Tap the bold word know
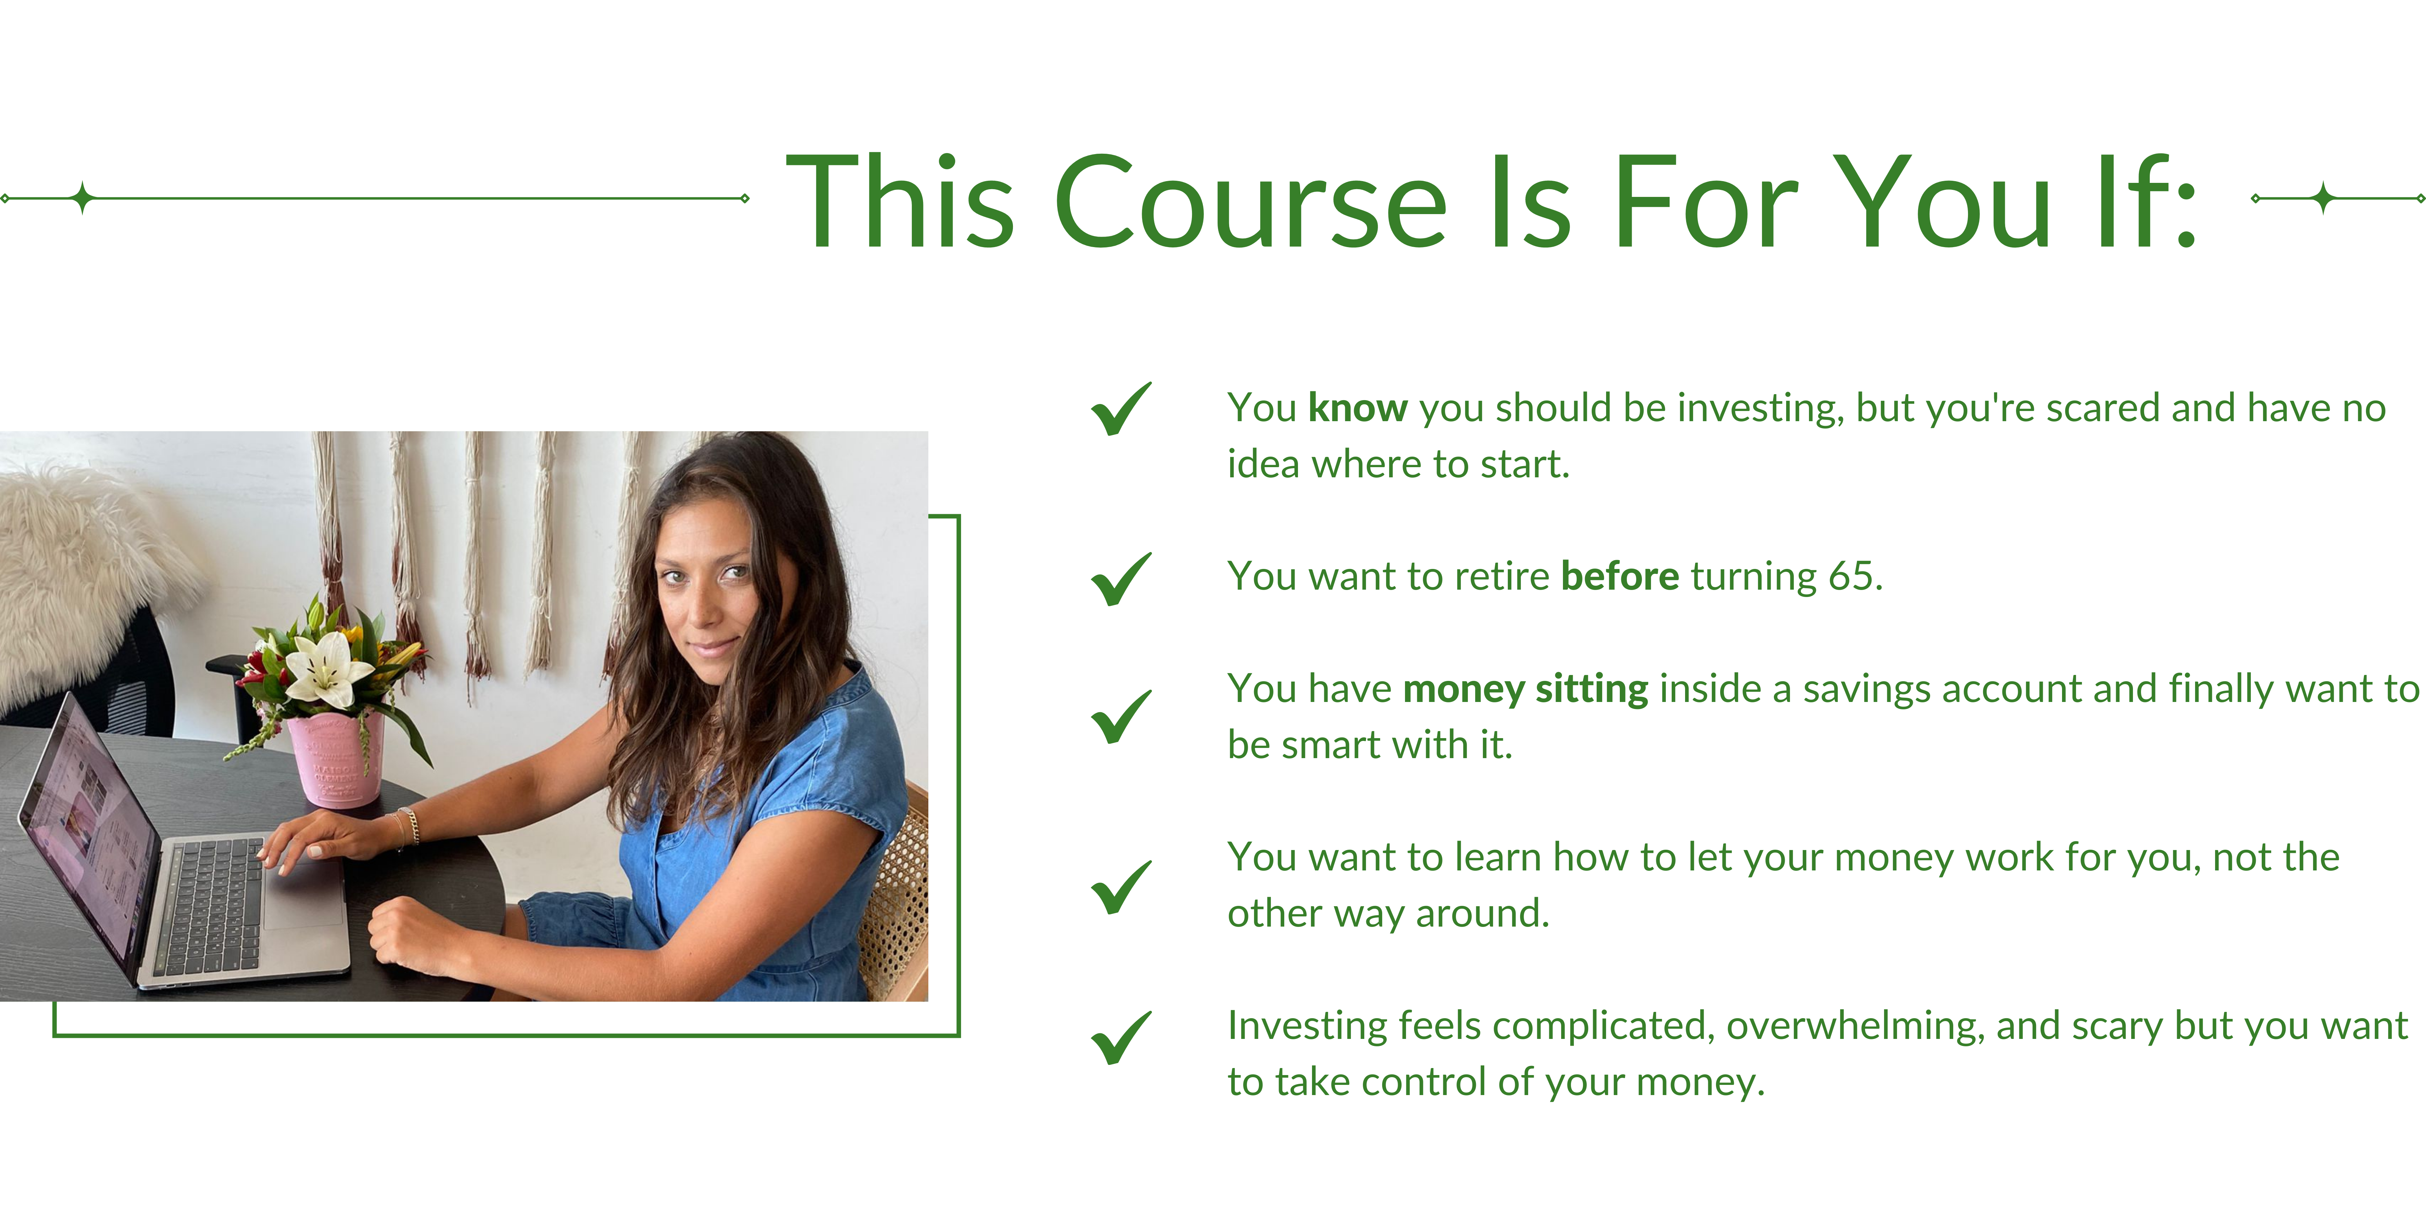tap(1358, 408)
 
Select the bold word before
tap(1620, 575)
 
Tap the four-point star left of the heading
tap(83, 198)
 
